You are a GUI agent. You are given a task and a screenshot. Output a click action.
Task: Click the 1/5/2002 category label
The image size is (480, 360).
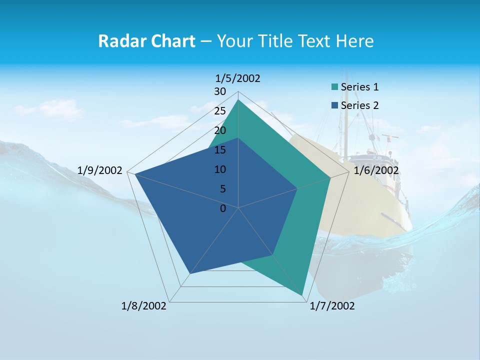238,78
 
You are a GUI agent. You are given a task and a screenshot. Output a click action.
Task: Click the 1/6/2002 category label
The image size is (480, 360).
376,170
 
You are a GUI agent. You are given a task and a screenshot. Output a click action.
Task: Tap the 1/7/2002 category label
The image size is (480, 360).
332,306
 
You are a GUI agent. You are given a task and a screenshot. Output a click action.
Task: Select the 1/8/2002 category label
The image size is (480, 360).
144,306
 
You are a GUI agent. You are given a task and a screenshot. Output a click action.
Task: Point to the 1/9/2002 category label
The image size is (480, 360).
100,170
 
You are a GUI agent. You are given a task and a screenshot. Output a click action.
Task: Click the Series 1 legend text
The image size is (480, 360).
359,87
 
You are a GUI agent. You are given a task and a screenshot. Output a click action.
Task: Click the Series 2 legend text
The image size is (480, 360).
359,105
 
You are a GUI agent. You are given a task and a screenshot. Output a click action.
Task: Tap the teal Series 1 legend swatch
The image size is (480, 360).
334,87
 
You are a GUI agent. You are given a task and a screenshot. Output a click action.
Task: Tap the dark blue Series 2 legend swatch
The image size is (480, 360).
334,106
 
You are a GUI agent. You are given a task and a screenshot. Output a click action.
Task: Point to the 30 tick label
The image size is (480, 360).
220,91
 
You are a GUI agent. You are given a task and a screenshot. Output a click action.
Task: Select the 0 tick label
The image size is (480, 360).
223,208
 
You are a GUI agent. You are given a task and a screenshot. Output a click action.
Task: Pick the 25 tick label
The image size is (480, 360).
220,111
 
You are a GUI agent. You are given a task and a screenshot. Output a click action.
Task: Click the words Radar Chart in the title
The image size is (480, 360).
146,41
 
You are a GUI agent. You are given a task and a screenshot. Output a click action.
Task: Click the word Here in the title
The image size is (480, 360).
355,41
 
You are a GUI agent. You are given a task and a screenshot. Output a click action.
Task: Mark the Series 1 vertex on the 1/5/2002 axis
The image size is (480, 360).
238,99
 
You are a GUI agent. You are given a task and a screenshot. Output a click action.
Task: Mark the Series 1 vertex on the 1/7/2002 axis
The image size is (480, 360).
302,295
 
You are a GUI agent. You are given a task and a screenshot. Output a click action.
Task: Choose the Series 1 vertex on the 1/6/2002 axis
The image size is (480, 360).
330,177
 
